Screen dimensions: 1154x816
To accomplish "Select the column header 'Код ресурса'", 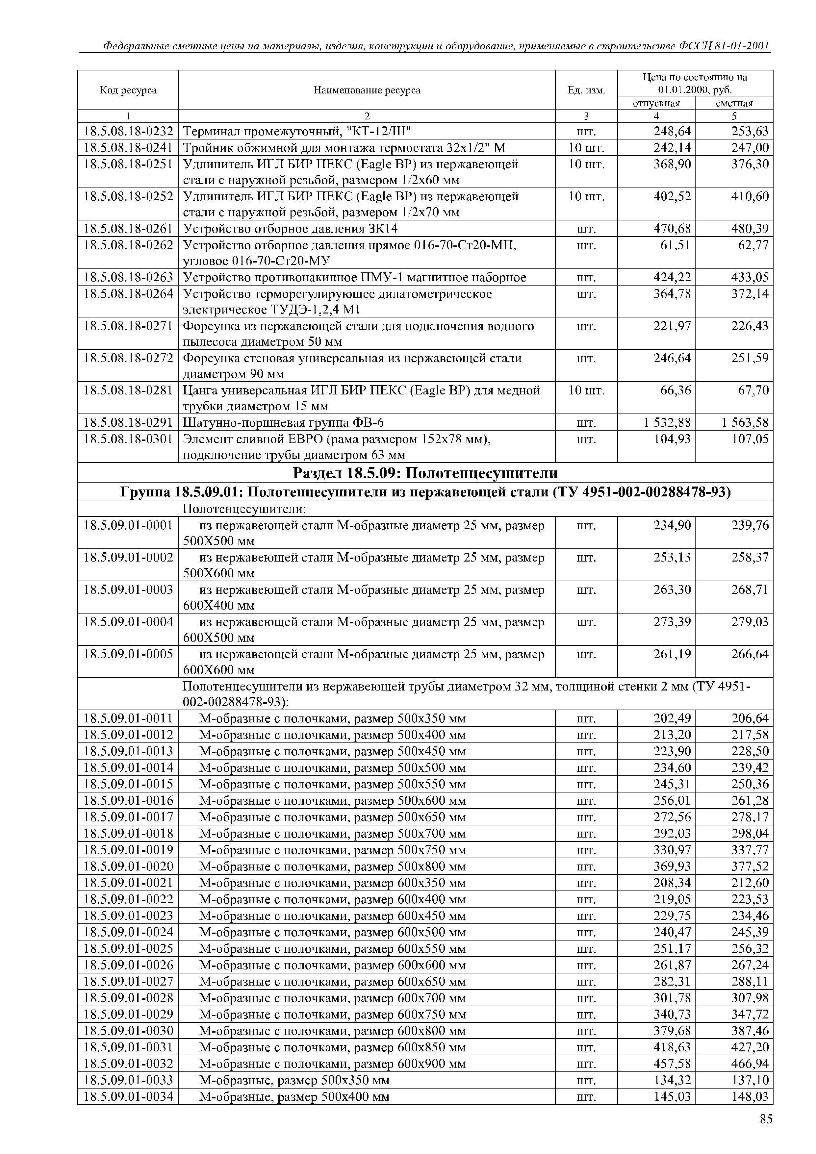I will [128, 90].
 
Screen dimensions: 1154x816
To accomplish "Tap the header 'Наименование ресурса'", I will [367, 90].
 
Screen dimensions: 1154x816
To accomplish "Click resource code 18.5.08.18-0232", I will [128, 132].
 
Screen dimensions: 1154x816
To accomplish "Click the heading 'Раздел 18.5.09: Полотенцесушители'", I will [425, 473].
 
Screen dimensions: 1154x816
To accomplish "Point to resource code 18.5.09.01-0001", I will [128, 526].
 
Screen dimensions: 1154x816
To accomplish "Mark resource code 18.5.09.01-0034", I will [128, 1096].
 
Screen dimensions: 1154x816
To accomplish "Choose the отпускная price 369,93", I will [672, 866].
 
